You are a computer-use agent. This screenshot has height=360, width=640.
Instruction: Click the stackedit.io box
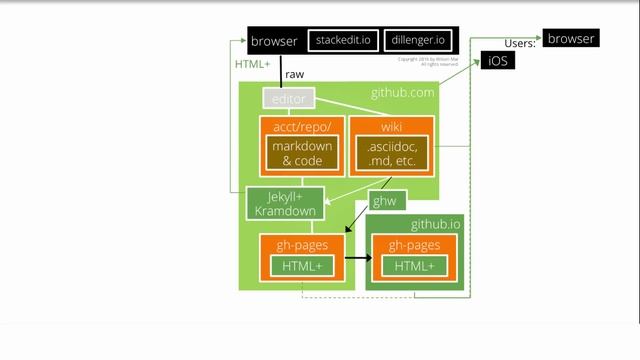(343, 41)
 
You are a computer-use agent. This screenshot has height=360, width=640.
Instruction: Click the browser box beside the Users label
(571, 39)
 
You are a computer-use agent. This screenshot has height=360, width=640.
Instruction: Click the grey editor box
(289, 98)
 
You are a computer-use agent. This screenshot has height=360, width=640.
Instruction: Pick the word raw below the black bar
(294, 75)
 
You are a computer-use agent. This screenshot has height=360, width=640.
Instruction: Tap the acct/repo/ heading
(299, 127)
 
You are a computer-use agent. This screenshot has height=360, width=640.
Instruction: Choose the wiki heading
(391, 127)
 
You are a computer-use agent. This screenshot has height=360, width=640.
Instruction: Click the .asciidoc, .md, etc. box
(391, 153)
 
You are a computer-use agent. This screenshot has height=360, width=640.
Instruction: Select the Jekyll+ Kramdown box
(285, 203)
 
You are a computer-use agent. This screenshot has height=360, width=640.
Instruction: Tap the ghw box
(384, 201)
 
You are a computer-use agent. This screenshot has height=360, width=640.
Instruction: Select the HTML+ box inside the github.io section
(415, 266)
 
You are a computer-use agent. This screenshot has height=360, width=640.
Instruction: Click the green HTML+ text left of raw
(252, 65)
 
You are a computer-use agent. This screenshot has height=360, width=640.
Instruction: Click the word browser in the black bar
(274, 41)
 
